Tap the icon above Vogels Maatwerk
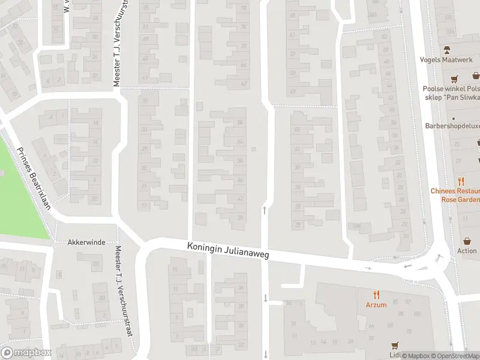pyautogui.click(x=446, y=50)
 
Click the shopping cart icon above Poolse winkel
pyautogui.click(x=454, y=79)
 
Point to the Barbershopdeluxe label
pyautogui.click(x=452, y=126)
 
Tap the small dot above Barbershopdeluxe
pyautogui.click(x=453, y=118)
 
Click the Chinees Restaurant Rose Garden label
pyautogui.click(x=455, y=195)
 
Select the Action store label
pyautogui.click(x=467, y=251)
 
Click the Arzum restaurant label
pyautogui.click(x=376, y=305)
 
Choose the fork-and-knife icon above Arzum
pyautogui.click(x=376, y=295)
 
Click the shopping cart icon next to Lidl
pyautogui.click(x=394, y=346)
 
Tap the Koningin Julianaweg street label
pyautogui.click(x=228, y=251)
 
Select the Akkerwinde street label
pyautogui.click(x=86, y=242)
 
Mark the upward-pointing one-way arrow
pyautogui.click(x=264, y=210)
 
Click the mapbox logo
pyautogui.click(x=26, y=353)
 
